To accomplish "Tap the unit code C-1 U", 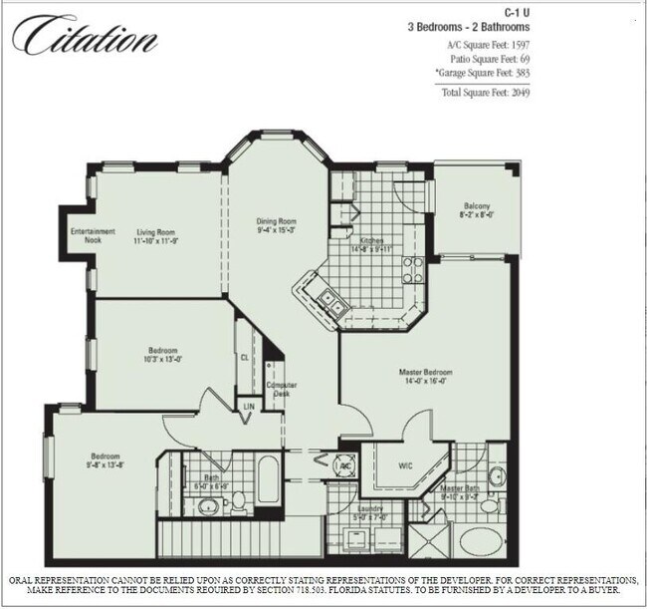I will (513, 11).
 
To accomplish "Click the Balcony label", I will (476, 205).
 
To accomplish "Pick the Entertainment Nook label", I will (93, 236).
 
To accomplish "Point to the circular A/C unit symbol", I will (345, 465).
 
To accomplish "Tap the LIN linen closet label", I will (247, 406).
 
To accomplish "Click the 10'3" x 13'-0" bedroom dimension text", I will (164, 359).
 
